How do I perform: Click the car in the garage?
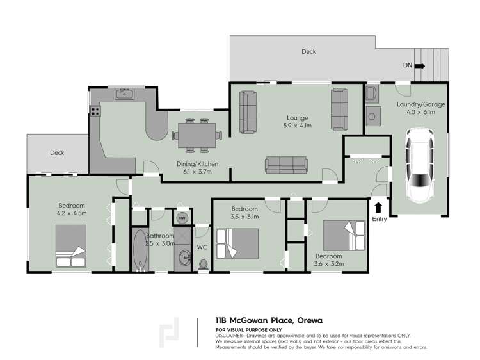point(420,164)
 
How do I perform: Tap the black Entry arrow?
point(379,207)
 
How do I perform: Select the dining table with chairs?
point(196,134)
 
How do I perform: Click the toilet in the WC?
point(204,263)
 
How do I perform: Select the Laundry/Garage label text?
point(420,104)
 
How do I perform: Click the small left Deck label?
point(58,153)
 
